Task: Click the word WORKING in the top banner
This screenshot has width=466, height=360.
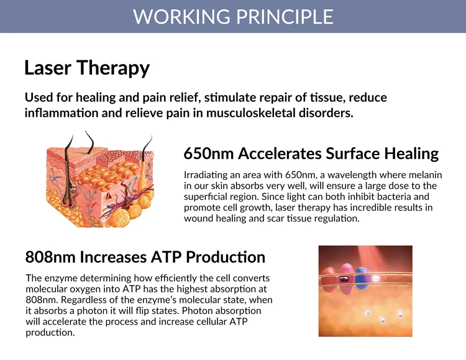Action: click(x=181, y=16)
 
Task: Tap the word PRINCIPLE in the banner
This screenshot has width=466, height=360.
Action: click(x=285, y=16)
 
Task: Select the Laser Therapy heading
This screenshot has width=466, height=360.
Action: click(x=87, y=68)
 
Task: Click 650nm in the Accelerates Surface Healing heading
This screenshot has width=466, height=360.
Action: click(x=208, y=154)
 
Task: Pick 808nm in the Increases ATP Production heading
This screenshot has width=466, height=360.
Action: click(x=50, y=257)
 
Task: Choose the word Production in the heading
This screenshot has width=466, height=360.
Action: click(x=226, y=257)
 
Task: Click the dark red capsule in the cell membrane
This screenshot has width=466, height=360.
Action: click(x=344, y=279)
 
